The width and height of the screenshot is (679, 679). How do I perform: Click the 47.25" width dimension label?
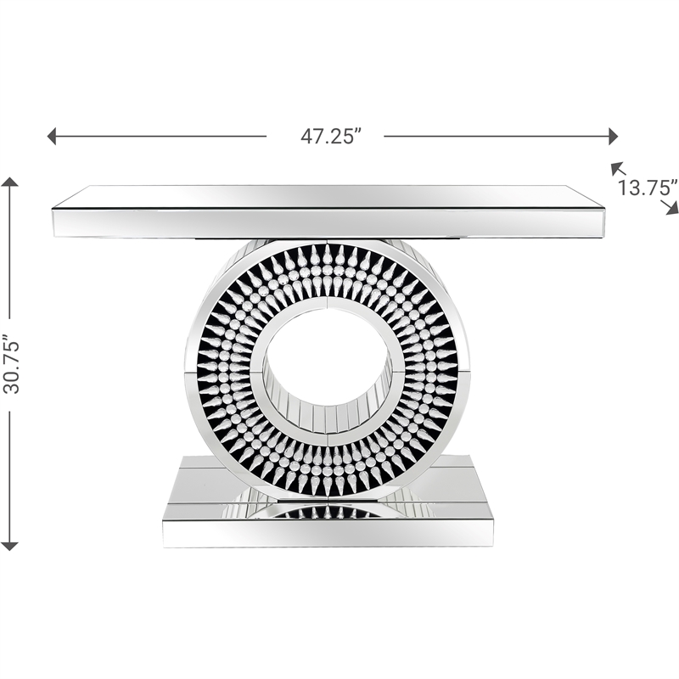click(x=331, y=137)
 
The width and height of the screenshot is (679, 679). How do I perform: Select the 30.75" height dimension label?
click(x=11, y=363)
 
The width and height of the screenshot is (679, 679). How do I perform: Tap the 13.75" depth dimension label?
click(x=648, y=188)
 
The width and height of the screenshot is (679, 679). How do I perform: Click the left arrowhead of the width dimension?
click(x=51, y=137)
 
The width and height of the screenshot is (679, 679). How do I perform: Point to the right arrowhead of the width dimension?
click(x=613, y=137)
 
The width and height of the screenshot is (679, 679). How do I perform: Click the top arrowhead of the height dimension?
click(x=10, y=182)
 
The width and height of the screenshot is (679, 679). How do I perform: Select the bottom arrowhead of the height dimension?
click(x=10, y=546)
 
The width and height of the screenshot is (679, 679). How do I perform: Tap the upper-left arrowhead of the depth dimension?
click(x=616, y=167)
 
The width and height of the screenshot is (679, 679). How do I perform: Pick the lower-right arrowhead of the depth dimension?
click(x=672, y=208)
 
